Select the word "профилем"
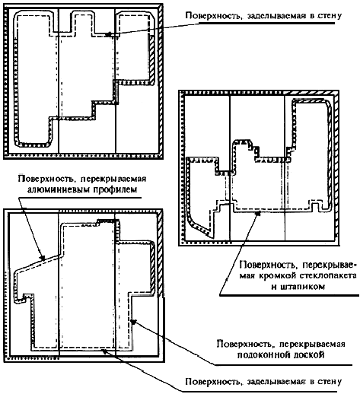115,189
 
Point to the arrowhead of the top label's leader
108,34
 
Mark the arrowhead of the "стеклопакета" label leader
258,213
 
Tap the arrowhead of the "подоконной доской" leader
133,322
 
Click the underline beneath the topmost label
267,24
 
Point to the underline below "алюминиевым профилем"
79,198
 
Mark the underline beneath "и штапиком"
289,295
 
